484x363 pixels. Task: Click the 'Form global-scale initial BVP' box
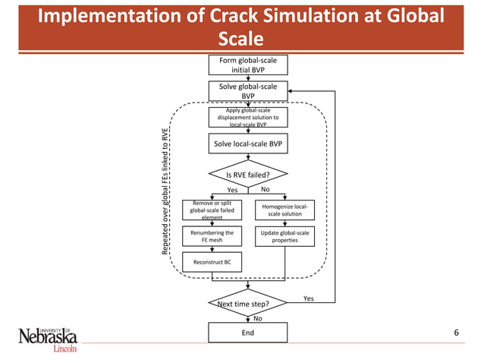coord(248,65)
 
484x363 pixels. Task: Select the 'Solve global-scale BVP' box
coord(248,91)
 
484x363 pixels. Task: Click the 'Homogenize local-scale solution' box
coord(284,210)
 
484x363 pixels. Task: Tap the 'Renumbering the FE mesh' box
coord(212,236)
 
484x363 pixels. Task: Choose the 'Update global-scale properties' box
coord(284,236)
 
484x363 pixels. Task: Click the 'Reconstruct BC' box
coord(212,262)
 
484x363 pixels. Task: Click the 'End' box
coord(248,332)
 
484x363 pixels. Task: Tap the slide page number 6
coord(456,333)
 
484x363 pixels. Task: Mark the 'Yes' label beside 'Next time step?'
coord(308,298)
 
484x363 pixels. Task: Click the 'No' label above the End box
coord(257,318)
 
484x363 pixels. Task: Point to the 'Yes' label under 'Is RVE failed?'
coord(232,190)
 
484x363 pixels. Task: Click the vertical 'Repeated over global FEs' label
coord(165,190)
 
